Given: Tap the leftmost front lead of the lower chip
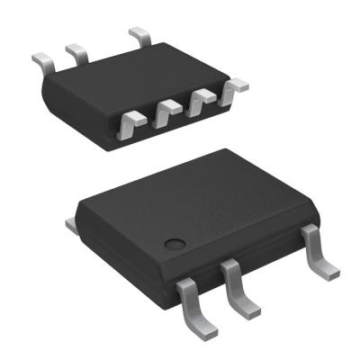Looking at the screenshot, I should (x=190, y=297).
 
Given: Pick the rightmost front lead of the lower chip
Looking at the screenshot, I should (x=317, y=250).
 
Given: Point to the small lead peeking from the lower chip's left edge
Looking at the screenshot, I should (x=69, y=220).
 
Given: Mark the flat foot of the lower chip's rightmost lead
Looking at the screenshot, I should (x=327, y=267).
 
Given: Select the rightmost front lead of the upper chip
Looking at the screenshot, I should (x=236, y=86).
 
